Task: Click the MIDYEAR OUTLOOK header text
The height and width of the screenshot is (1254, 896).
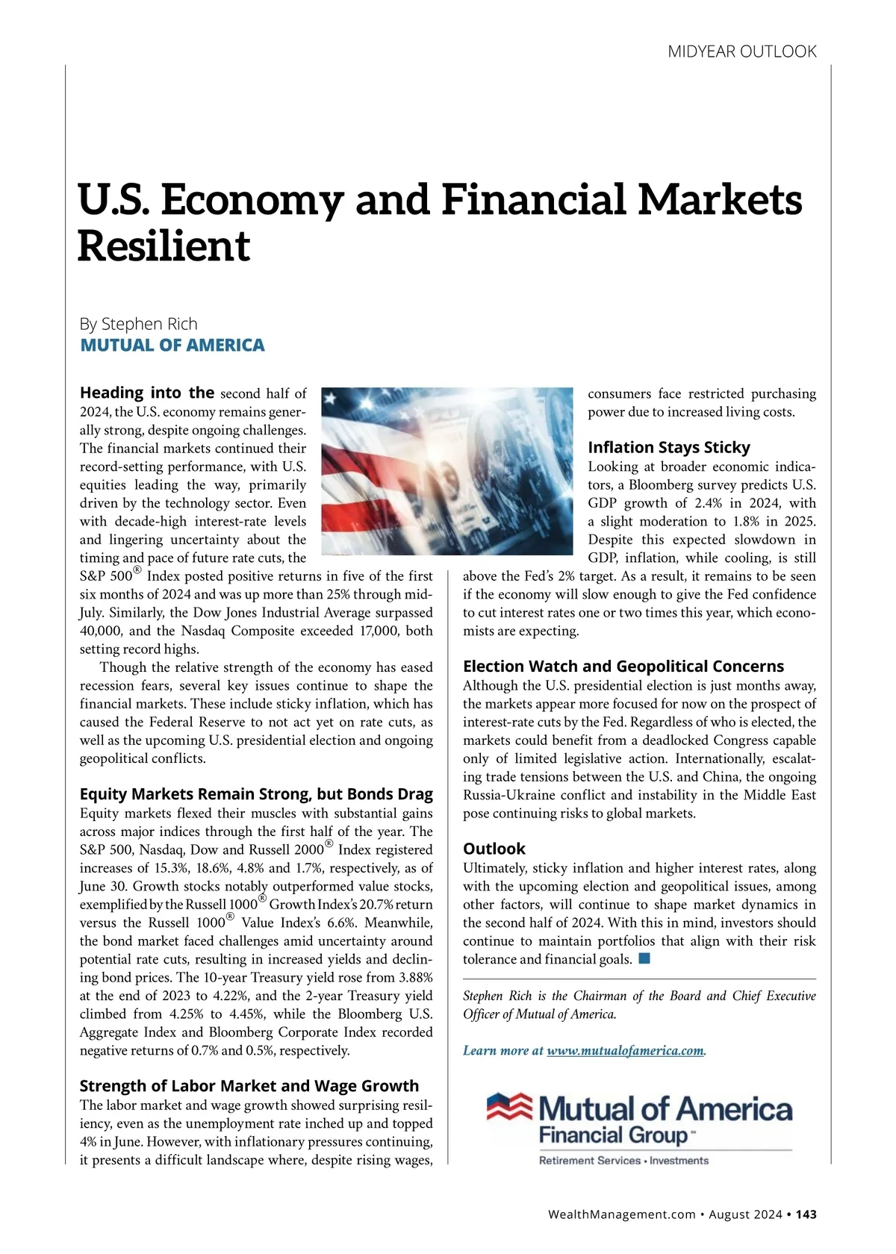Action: point(741,52)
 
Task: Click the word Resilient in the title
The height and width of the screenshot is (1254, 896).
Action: point(164,246)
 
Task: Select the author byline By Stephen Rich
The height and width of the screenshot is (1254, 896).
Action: point(139,324)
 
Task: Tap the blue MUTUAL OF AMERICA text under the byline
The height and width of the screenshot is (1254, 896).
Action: point(172,345)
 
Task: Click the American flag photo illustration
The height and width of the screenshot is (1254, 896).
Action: point(446,471)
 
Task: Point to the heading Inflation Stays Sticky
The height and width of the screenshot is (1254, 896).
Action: point(669,447)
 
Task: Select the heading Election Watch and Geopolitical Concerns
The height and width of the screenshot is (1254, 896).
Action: point(623,666)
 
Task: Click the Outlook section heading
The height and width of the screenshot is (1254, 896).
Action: point(494,849)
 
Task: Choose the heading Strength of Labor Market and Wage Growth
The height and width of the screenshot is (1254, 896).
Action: point(249,1086)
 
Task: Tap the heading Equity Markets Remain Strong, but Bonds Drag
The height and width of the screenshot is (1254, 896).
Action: point(256,793)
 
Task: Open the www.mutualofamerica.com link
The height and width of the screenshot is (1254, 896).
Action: point(626,1051)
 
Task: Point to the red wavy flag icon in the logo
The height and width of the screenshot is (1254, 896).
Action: point(509,1108)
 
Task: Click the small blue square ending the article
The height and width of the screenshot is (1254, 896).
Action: point(644,958)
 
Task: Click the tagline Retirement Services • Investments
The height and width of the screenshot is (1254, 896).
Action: point(623,1161)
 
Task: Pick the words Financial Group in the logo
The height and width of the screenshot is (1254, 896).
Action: point(612,1136)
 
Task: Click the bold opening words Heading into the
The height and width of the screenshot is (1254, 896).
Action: point(147,393)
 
